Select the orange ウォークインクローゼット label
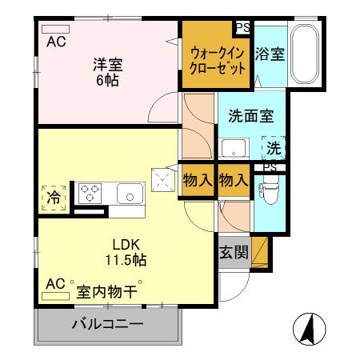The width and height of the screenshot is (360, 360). click(218, 61)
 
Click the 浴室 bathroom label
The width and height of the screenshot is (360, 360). click(270, 54)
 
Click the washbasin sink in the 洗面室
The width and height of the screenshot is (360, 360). click(234, 150)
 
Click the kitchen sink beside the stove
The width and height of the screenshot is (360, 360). click(129, 193)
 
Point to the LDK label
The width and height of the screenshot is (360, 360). click(126, 245)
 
